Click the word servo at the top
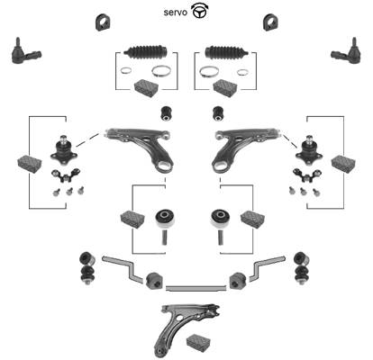point(176,13)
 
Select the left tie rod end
point(26,51)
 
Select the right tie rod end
point(346,51)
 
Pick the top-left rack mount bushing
point(103,22)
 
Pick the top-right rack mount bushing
point(270,22)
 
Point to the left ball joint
point(64,150)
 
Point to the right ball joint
point(309,150)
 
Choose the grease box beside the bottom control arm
point(198,342)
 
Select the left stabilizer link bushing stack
point(86,268)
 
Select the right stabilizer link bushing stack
point(302,268)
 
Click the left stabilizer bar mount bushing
point(154,281)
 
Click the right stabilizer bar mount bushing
point(238,281)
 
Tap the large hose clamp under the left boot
point(161,71)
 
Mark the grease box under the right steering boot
point(225,88)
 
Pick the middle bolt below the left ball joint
point(69,192)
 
